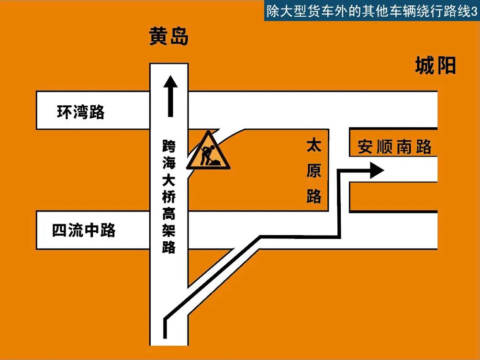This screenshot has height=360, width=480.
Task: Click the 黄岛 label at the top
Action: pyautogui.click(x=168, y=36)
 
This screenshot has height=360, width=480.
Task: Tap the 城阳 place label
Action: pyautogui.click(x=435, y=66)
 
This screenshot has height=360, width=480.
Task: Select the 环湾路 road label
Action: pyautogui.click(x=80, y=112)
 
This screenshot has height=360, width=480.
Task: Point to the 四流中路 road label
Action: pyautogui.click(x=84, y=231)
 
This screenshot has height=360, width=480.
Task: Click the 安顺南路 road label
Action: pyautogui.click(x=394, y=146)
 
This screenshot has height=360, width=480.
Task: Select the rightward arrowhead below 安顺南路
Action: pyautogui.click(x=377, y=170)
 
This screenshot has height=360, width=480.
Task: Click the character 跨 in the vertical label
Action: pyautogui.click(x=169, y=145)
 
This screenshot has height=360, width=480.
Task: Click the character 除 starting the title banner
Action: pyautogui.click(x=273, y=12)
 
